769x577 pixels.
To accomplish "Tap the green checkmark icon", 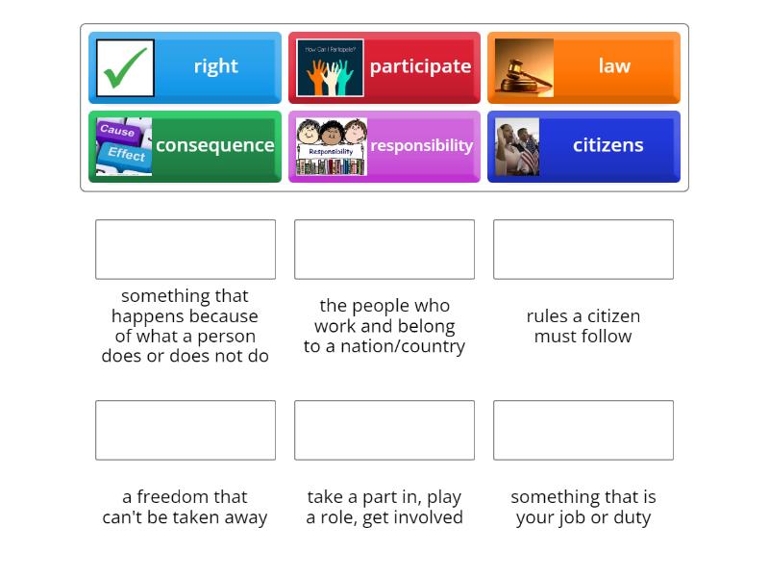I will tap(125, 67).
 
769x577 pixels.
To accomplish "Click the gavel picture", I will tap(524, 67).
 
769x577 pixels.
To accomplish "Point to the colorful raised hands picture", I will tap(330, 67).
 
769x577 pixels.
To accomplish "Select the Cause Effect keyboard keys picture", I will tap(124, 146).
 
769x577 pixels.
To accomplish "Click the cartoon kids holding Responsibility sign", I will tap(331, 146).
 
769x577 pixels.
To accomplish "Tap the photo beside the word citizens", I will tap(517, 146).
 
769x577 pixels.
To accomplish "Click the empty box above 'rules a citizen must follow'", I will tap(583, 249).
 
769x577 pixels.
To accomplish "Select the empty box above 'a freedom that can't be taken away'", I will tap(186, 430).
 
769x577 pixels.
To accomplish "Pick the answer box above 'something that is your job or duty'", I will tap(583, 430).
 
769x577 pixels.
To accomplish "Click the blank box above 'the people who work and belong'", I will tap(384, 249).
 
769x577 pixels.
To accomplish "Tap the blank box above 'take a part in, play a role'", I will tap(384, 430).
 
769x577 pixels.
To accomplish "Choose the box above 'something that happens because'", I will tap(186, 249).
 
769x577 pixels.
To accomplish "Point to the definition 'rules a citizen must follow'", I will tap(583, 326).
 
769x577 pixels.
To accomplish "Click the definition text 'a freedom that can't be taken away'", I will tap(186, 507).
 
